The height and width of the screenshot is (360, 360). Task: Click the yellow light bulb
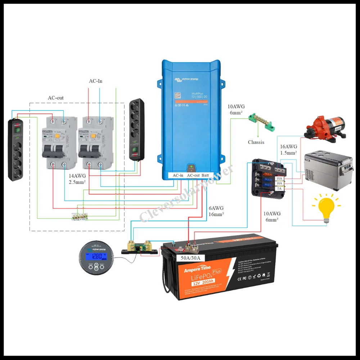coord(327,208)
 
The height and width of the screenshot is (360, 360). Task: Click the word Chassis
coord(256,142)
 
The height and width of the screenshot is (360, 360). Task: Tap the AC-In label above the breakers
coord(96,81)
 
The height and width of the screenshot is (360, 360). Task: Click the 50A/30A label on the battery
coord(190,258)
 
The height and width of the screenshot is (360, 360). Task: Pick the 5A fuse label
coord(279,189)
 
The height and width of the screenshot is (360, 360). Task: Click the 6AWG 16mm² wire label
coord(216,211)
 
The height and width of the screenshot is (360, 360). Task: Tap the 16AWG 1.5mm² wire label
coord(288,150)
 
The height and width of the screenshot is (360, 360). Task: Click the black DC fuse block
coord(266,176)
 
